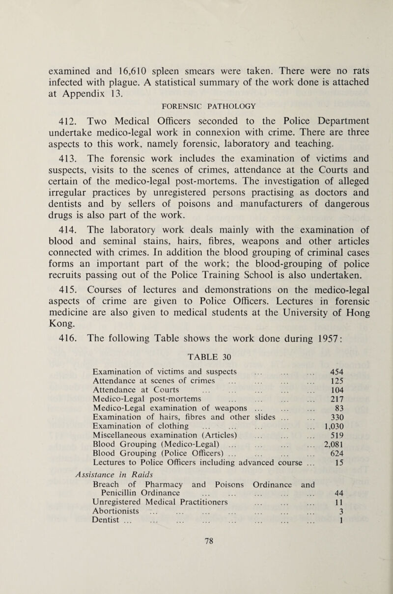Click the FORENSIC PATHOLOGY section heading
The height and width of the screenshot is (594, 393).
click(x=169, y=104)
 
